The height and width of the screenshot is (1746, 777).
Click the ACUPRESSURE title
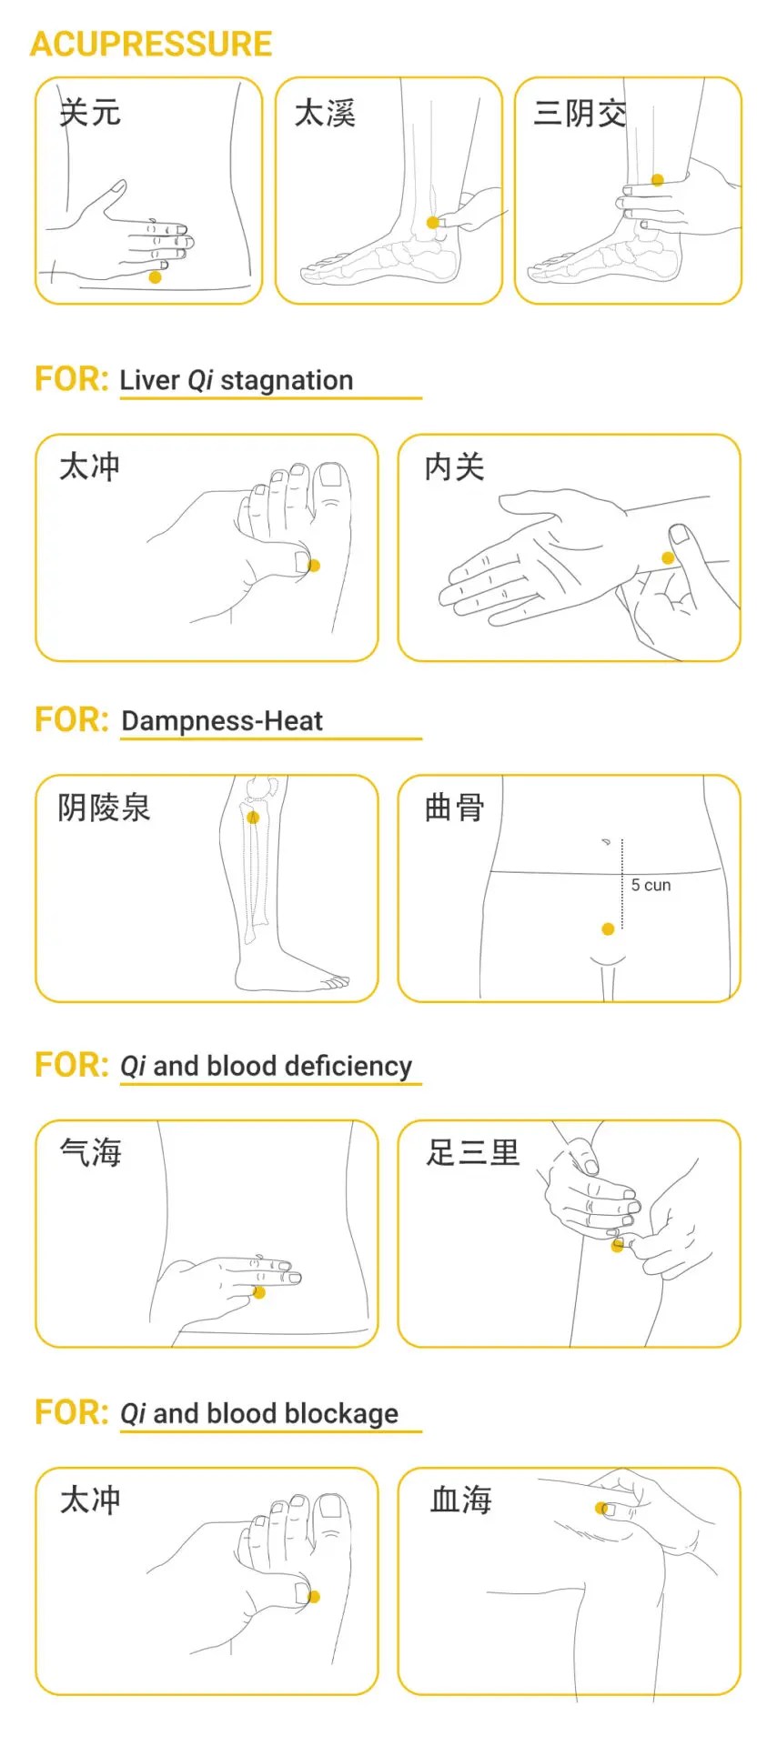click(151, 45)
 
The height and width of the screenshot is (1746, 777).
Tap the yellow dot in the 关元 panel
click(155, 277)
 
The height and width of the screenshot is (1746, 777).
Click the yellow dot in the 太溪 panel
click(432, 223)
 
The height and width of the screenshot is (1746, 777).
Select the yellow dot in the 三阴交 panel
click(658, 180)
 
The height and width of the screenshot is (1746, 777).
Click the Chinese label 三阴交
click(580, 114)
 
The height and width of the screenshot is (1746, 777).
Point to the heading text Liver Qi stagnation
click(236, 380)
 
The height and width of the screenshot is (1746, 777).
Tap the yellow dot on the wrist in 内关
click(668, 557)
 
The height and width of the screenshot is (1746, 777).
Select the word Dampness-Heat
click(221, 721)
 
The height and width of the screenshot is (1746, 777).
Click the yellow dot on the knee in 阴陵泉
click(253, 818)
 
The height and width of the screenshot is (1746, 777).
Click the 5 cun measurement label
click(651, 885)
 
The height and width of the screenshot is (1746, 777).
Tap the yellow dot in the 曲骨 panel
click(608, 928)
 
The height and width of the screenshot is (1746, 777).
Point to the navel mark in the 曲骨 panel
click(605, 842)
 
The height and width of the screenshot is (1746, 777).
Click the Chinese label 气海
click(90, 1153)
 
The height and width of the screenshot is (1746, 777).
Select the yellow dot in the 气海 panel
click(259, 1292)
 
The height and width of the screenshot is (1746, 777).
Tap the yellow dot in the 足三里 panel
click(617, 1246)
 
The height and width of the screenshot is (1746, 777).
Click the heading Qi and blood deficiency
click(266, 1066)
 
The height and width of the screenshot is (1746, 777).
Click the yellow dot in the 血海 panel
click(600, 1509)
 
